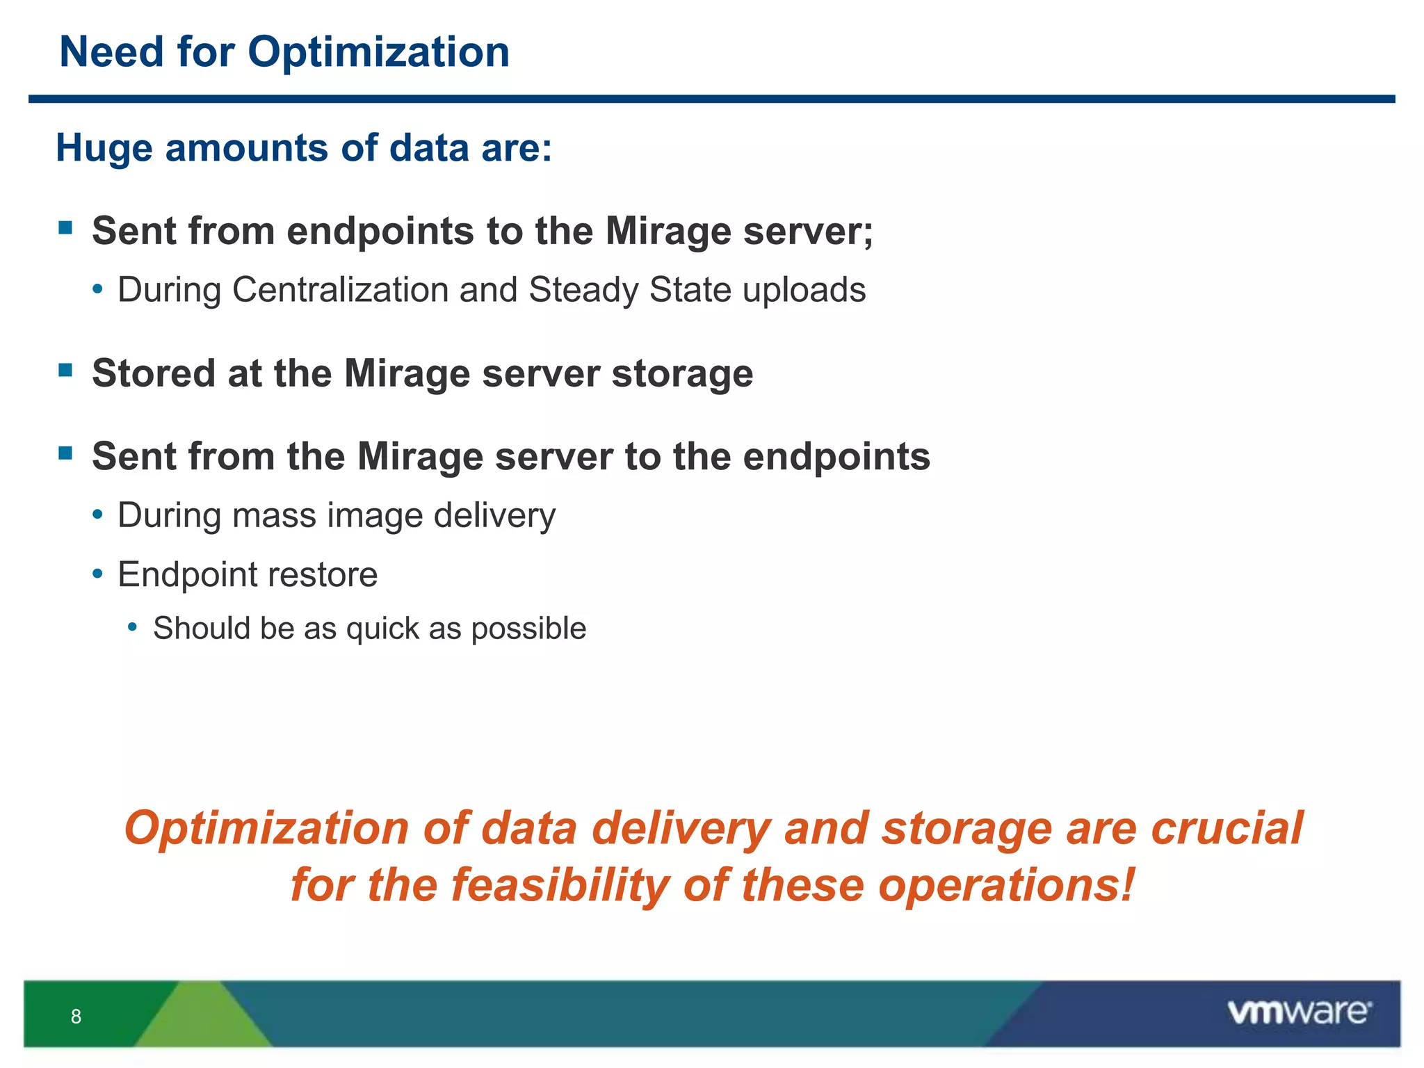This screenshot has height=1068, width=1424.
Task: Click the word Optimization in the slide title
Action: tap(378, 53)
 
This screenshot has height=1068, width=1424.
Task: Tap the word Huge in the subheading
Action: tap(104, 148)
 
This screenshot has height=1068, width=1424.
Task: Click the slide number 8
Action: tap(76, 1017)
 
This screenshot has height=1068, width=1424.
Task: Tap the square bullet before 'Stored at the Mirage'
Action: tap(66, 369)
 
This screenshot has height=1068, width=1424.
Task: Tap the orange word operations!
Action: tap(1006, 886)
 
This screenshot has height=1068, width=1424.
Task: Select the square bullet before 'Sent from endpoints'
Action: tap(66, 227)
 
